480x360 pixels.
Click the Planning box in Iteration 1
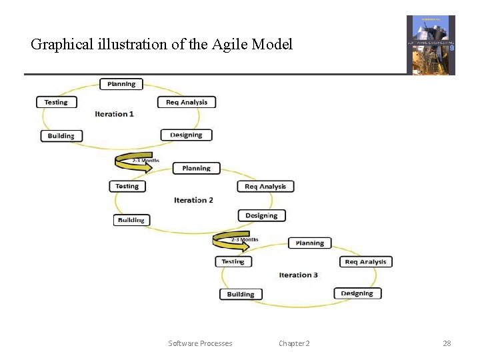(x=121, y=84)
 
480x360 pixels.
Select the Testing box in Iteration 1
(x=56, y=102)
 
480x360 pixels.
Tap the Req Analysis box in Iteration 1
(x=187, y=102)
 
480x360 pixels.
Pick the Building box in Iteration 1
(x=61, y=136)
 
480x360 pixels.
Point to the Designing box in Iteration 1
(x=186, y=135)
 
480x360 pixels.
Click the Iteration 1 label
(x=114, y=114)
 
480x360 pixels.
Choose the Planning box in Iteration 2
(x=196, y=169)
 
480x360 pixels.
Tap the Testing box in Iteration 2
(x=127, y=186)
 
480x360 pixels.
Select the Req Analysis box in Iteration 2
(x=265, y=187)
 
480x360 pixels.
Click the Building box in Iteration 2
(x=131, y=220)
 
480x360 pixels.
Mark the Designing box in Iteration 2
(x=261, y=215)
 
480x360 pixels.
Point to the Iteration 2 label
(x=193, y=200)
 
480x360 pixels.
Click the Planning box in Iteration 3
(x=310, y=243)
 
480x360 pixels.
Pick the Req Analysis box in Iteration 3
(x=365, y=262)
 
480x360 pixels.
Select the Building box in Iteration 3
(x=241, y=294)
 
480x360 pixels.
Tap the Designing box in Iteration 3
(x=357, y=293)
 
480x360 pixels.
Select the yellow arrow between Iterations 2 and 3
(x=231, y=241)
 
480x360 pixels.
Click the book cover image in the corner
(x=431, y=45)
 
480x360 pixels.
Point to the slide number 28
(x=447, y=343)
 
